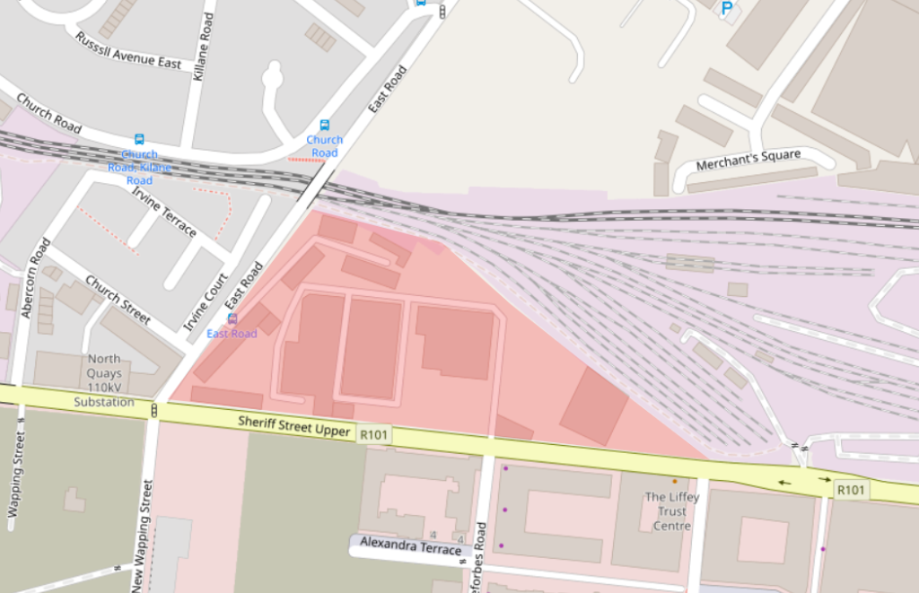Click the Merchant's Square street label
pos(748,161)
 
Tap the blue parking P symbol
pos(727,8)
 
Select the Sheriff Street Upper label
pos(293,426)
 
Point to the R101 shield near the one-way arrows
pos(850,489)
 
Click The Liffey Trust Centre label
pos(666,510)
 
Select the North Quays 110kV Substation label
pos(103,380)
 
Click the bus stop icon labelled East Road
pos(232,318)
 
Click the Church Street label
pos(118,299)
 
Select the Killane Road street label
pos(204,47)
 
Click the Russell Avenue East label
pos(127,51)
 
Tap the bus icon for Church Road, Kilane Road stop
pos(139,139)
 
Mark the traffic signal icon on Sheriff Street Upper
pos(154,411)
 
